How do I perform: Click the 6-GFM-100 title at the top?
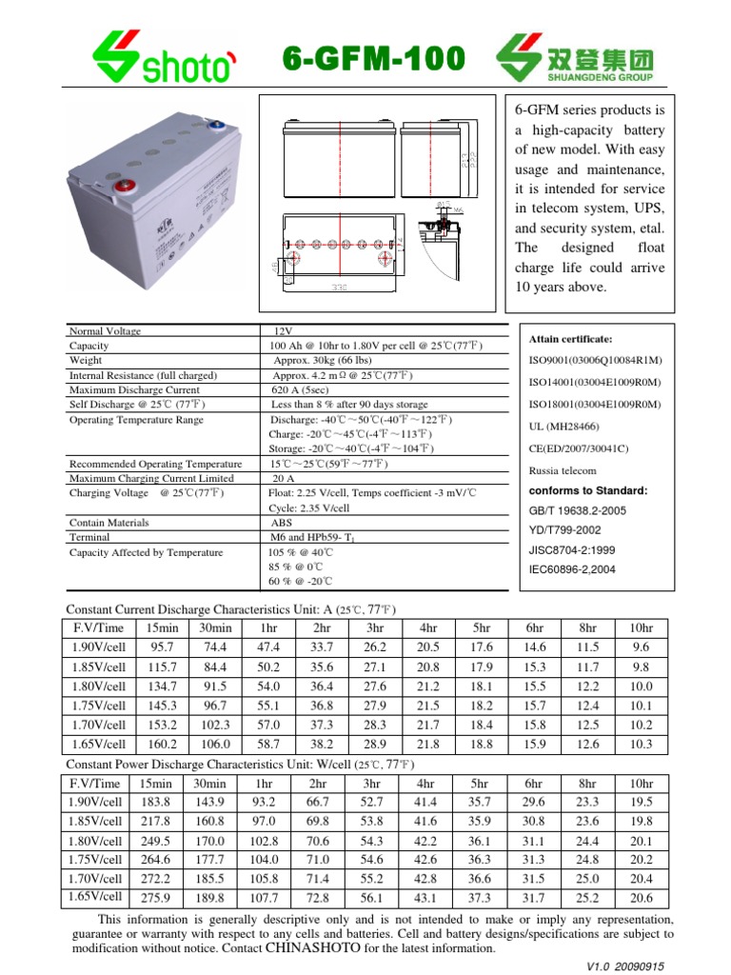375,60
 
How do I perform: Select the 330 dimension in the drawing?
338,285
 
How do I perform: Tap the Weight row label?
87,361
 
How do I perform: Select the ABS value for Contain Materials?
282,523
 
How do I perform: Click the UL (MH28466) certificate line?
563,427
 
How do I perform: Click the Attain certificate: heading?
570,339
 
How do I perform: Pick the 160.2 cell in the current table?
162,744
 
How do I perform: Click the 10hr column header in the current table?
642,627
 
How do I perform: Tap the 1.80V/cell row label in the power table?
96,841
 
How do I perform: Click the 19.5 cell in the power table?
642,803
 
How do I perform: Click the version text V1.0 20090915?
625,965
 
